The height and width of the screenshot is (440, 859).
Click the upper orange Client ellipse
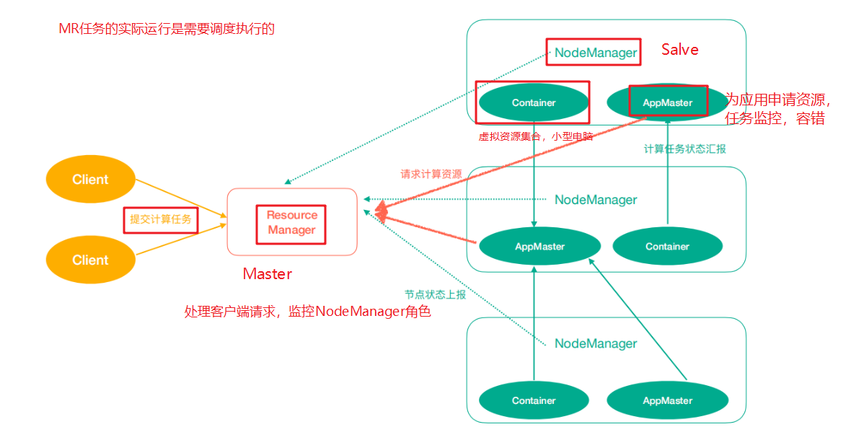(90, 180)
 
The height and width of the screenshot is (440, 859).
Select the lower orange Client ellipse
(90, 260)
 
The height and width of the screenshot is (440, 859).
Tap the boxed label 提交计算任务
(160, 219)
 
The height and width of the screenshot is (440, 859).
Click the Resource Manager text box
(291, 223)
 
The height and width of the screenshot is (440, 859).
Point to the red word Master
(268, 274)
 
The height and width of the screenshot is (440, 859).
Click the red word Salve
(679, 50)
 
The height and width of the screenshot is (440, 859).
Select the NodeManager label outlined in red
(594, 53)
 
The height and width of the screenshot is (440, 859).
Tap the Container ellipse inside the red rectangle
(534, 102)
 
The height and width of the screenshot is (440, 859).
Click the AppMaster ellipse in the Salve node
(667, 102)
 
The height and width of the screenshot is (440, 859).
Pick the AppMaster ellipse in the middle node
(539, 247)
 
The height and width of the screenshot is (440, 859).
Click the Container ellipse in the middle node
(667, 247)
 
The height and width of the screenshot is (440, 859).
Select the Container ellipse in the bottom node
(534, 400)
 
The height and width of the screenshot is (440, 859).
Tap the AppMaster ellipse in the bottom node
(667, 400)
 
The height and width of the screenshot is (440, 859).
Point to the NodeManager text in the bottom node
(596, 344)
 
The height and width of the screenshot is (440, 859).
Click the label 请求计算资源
(431, 175)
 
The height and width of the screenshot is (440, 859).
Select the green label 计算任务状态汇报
(684, 149)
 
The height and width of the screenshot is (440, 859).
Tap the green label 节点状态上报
(435, 294)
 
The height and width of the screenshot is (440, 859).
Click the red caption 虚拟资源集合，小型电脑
(535, 136)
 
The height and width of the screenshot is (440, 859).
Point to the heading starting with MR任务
(167, 30)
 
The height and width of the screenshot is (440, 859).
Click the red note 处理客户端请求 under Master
(307, 312)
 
